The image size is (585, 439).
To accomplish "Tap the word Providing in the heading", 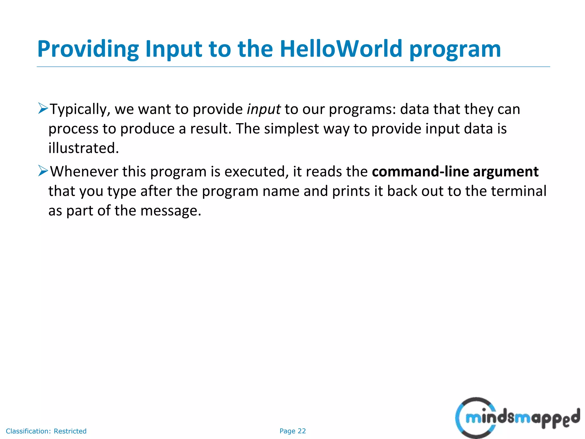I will point(88,49).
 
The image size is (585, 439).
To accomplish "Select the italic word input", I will point(263,109).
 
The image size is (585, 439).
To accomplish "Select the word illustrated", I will point(83,148).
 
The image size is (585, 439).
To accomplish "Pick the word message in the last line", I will point(171,211).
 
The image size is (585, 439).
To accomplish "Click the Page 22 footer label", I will point(292,431).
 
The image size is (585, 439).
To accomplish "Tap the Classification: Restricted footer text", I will point(46,431).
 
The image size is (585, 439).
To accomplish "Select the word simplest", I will point(291,129).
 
